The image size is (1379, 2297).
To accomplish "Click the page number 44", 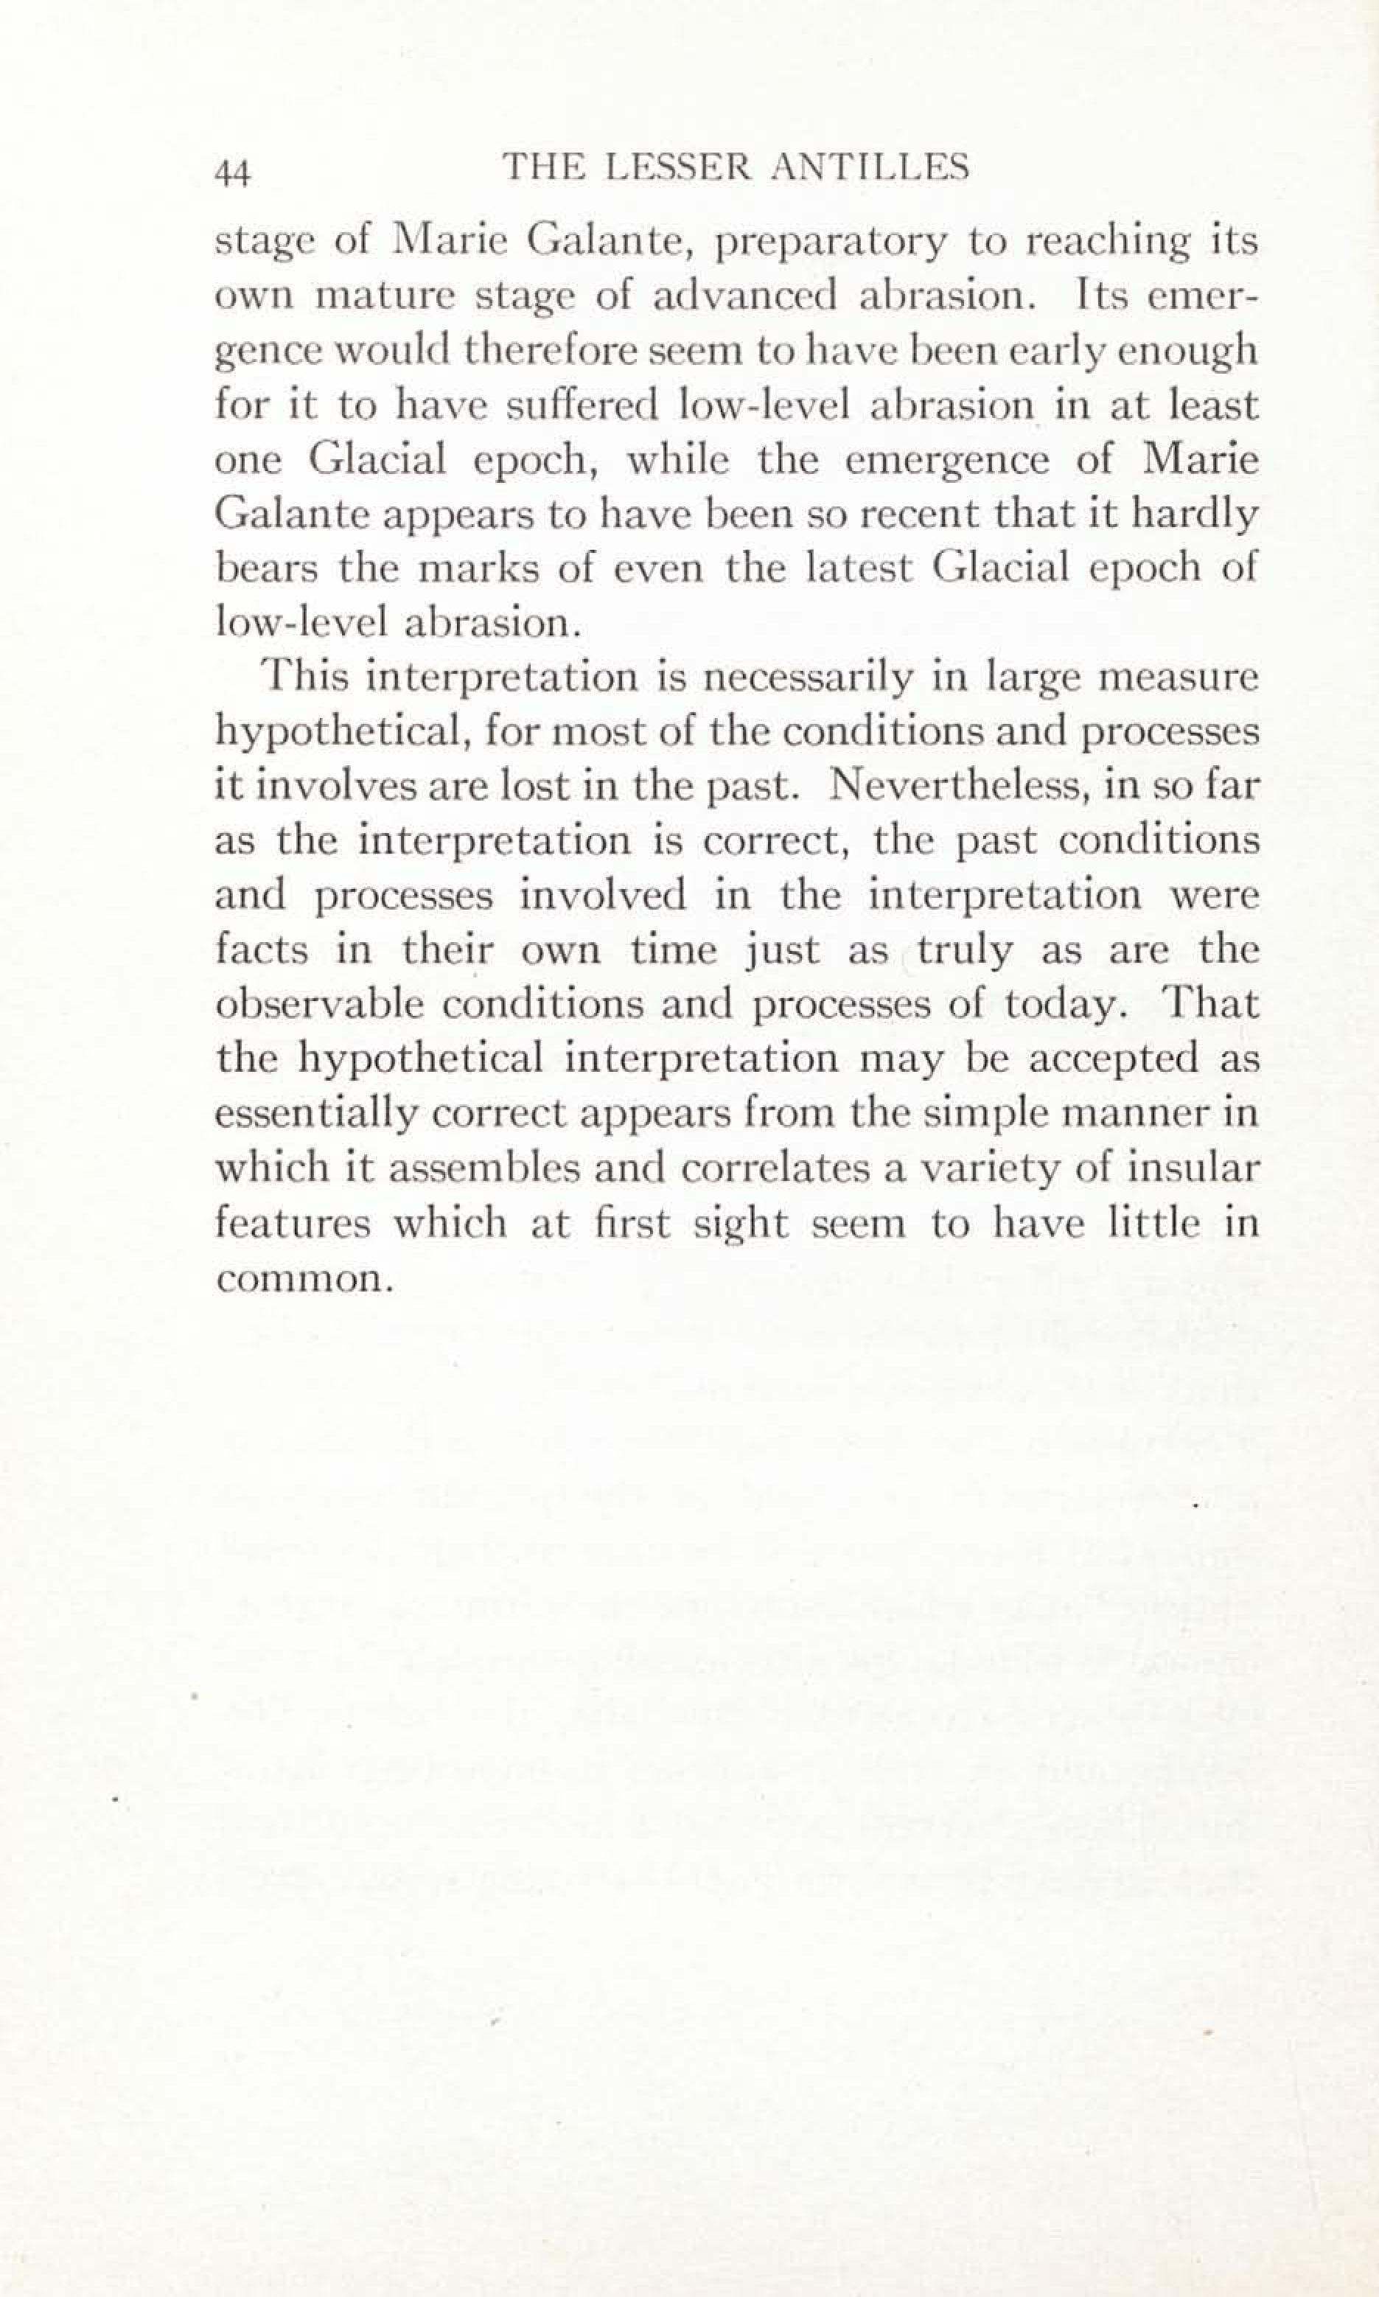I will (x=233, y=172).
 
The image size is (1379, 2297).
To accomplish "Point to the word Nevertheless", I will (x=960, y=786).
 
